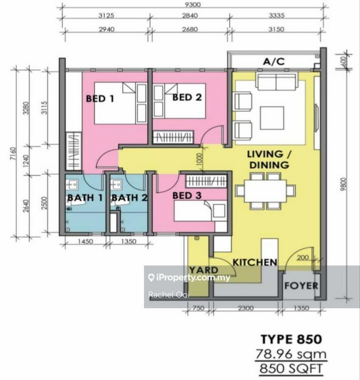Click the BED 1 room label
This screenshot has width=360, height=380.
(100, 99)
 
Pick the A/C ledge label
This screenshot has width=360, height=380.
(275, 61)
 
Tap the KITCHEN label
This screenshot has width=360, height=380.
(254, 262)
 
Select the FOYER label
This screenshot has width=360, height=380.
(301, 286)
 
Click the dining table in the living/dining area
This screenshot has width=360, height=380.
(261, 190)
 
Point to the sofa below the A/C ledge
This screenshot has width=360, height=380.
(276, 84)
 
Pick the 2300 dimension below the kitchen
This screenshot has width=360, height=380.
(246, 308)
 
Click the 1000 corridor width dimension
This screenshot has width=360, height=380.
(199, 158)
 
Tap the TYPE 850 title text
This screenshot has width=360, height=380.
(291, 339)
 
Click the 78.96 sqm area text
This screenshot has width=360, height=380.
(291, 354)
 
